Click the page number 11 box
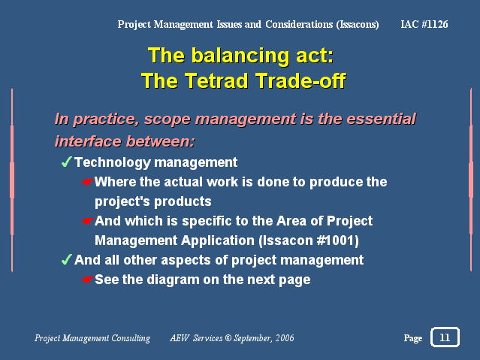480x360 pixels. (x=445, y=337)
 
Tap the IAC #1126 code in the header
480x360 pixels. (x=424, y=24)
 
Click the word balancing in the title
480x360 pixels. (x=240, y=56)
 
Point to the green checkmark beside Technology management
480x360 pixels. (x=66, y=162)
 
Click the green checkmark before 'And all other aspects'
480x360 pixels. (x=66, y=259)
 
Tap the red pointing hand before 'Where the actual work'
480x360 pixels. (x=87, y=182)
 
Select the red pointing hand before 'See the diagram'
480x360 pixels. (x=87, y=280)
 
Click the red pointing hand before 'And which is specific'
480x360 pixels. (x=87, y=221)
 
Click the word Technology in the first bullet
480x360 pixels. (x=112, y=162)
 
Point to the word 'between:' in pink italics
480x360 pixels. (x=161, y=141)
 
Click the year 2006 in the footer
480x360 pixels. (x=285, y=338)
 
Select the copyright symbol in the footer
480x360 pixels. (x=228, y=338)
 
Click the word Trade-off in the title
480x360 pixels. (x=300, y=80)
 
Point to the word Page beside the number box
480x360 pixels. (x=413, y=338)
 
